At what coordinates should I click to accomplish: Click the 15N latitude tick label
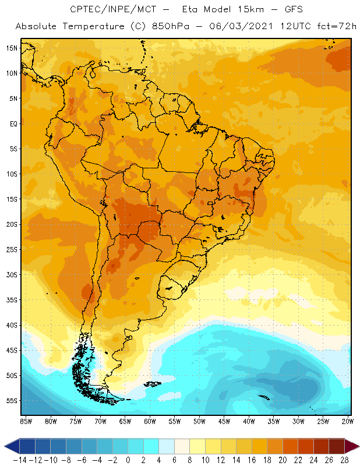11,48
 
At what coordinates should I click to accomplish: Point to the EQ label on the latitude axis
13,123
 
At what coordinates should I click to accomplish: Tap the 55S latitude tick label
11,401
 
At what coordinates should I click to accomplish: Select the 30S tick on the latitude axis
11,275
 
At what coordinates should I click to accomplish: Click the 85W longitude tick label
26,421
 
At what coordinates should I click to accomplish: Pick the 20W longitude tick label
348,421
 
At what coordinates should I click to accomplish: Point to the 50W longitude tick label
200,421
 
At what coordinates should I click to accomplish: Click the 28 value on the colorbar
344,460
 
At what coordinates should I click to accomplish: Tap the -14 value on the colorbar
20,460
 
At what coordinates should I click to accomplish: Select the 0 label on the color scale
128,460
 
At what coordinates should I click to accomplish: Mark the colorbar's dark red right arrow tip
357,446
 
